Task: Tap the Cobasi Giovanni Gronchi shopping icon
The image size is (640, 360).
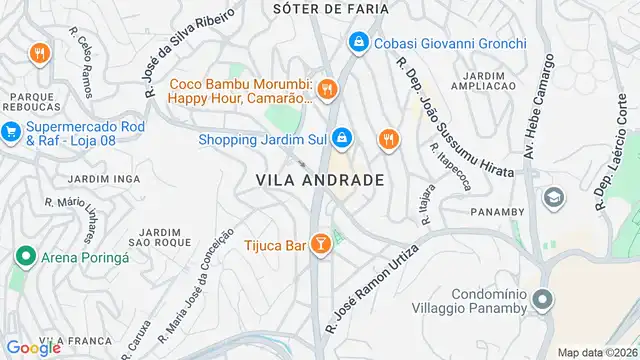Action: click(358, 43)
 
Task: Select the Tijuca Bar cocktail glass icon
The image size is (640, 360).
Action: click(321, 243)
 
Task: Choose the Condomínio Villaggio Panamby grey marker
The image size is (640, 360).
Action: click(542, 299)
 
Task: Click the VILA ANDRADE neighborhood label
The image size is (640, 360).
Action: click(320, 180)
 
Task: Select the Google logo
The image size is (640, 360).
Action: click(34, 347)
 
